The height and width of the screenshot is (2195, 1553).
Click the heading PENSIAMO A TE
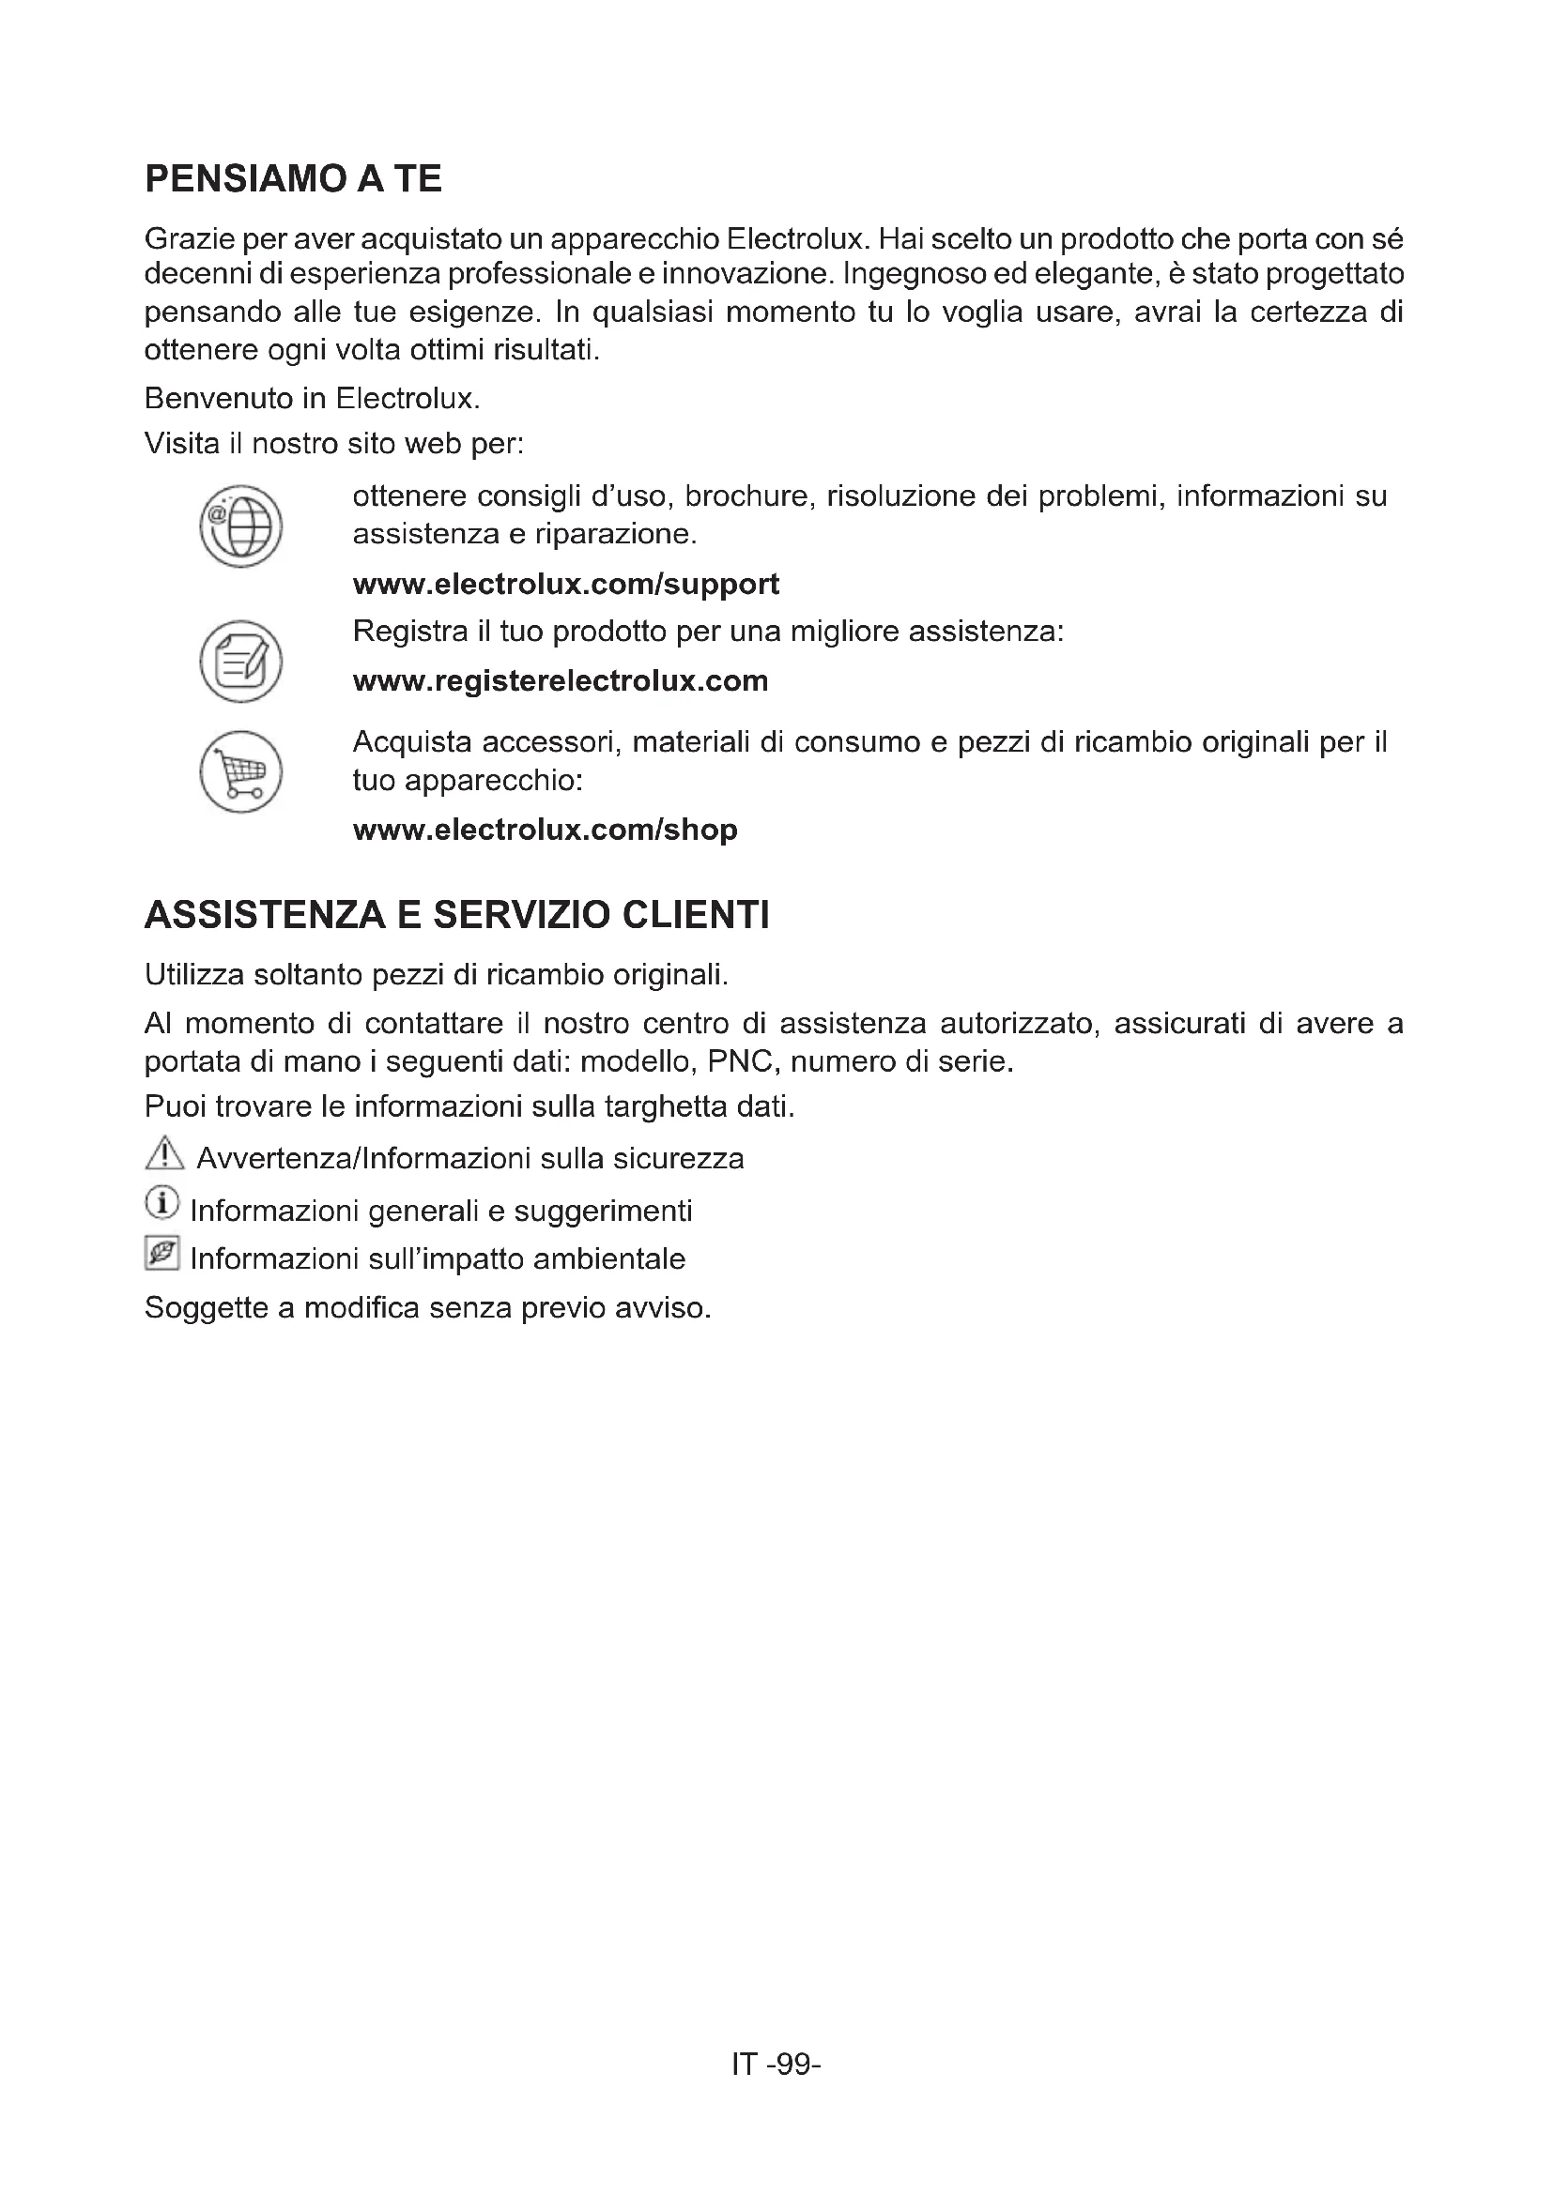(x=293, y=179)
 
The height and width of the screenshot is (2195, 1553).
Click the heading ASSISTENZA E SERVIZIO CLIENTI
(x=456, y=915)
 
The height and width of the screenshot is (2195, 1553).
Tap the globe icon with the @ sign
(x=241, y=526)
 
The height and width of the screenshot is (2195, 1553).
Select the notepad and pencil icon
(x=241, y=662)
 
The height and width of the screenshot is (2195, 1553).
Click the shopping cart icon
(x=241, y=771)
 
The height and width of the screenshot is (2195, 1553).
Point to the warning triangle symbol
(x=164, y=1154)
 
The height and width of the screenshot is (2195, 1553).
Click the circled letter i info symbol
(x=161, y=1204)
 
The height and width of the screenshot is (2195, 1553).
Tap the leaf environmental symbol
(x=161, y=1254)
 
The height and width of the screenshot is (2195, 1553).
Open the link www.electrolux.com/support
(x=565, y=584)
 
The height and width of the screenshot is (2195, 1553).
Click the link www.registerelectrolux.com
(x=561, y=680)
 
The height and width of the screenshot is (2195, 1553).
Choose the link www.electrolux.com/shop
(x=546, y=829)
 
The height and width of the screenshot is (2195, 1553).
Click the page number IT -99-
(x=776, y=2063)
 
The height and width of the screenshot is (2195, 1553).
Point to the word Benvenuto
(x=218, y=398)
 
